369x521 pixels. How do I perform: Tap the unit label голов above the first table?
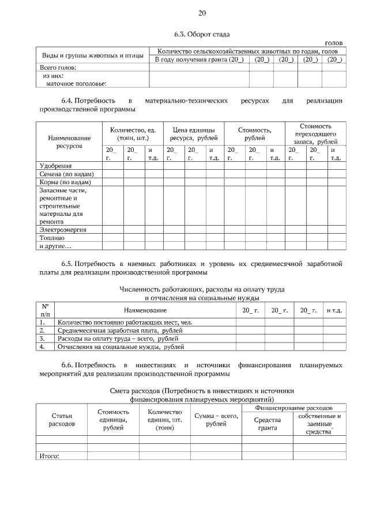[x=334, y=43]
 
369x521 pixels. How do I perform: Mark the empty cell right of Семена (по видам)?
[x=112, y=174]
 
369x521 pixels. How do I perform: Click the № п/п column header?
[x=46, y=310]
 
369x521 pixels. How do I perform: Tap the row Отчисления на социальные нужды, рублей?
[x=121, y=347]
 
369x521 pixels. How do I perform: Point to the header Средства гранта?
[x=268, y=423]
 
